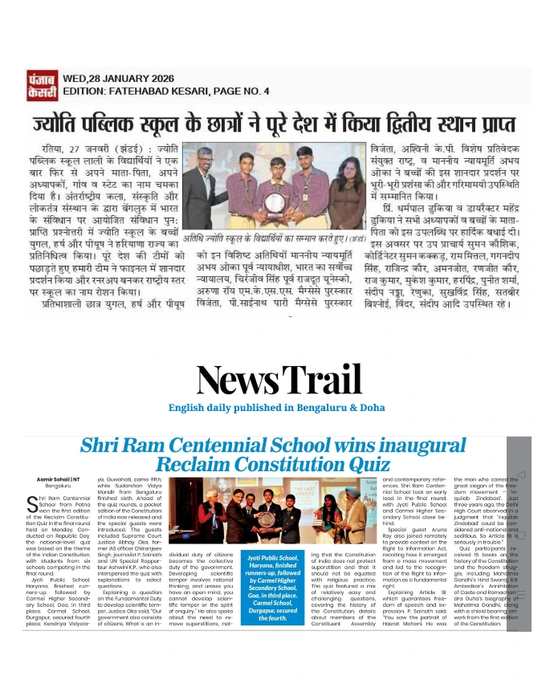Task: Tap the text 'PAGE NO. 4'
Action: point(237,90)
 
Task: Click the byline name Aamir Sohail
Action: point(54,479)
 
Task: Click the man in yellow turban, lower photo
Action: point(350,510)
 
